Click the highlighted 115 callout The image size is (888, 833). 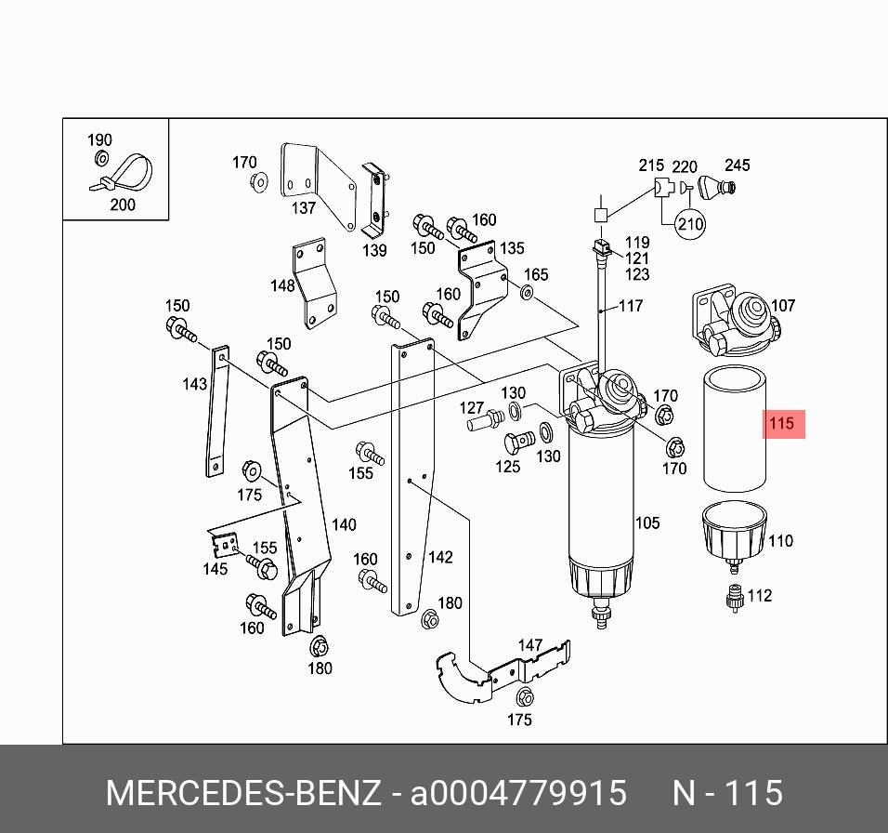click(782, 425)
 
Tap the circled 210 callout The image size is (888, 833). click(690, 224)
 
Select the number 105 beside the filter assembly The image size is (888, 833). click(646, 523)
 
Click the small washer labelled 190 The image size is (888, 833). click(102, 158)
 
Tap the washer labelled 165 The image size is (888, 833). click(527, 294)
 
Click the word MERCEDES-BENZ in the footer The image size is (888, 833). click(243, 794)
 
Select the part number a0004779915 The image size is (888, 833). click(519, 794)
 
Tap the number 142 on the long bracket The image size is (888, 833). click(440, 557)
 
